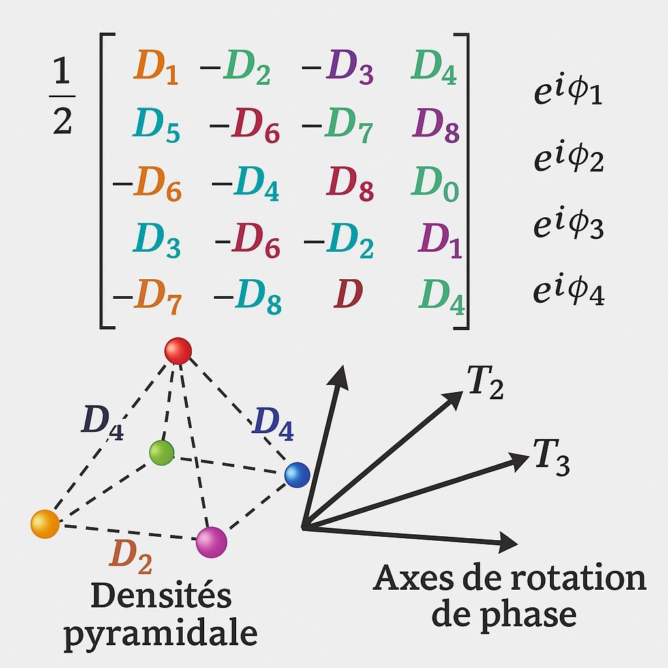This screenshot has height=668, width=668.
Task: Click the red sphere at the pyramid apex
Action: click(x=178, y=351)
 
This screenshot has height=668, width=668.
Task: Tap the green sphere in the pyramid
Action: click(x=161, y=452)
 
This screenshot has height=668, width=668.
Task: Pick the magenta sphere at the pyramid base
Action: click(x=211, y=541)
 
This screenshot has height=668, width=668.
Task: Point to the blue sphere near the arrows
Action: click(x=297, y=474)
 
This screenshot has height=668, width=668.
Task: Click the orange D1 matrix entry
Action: click(x=156, y=68)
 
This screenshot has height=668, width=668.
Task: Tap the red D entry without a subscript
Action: click(x=348, y=295)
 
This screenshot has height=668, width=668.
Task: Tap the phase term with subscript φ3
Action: click(x=568, y=226)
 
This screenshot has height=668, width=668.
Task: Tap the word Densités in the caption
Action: click(x=161, y=596)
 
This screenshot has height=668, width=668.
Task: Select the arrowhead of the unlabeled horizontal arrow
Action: click(x=509, y=541)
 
